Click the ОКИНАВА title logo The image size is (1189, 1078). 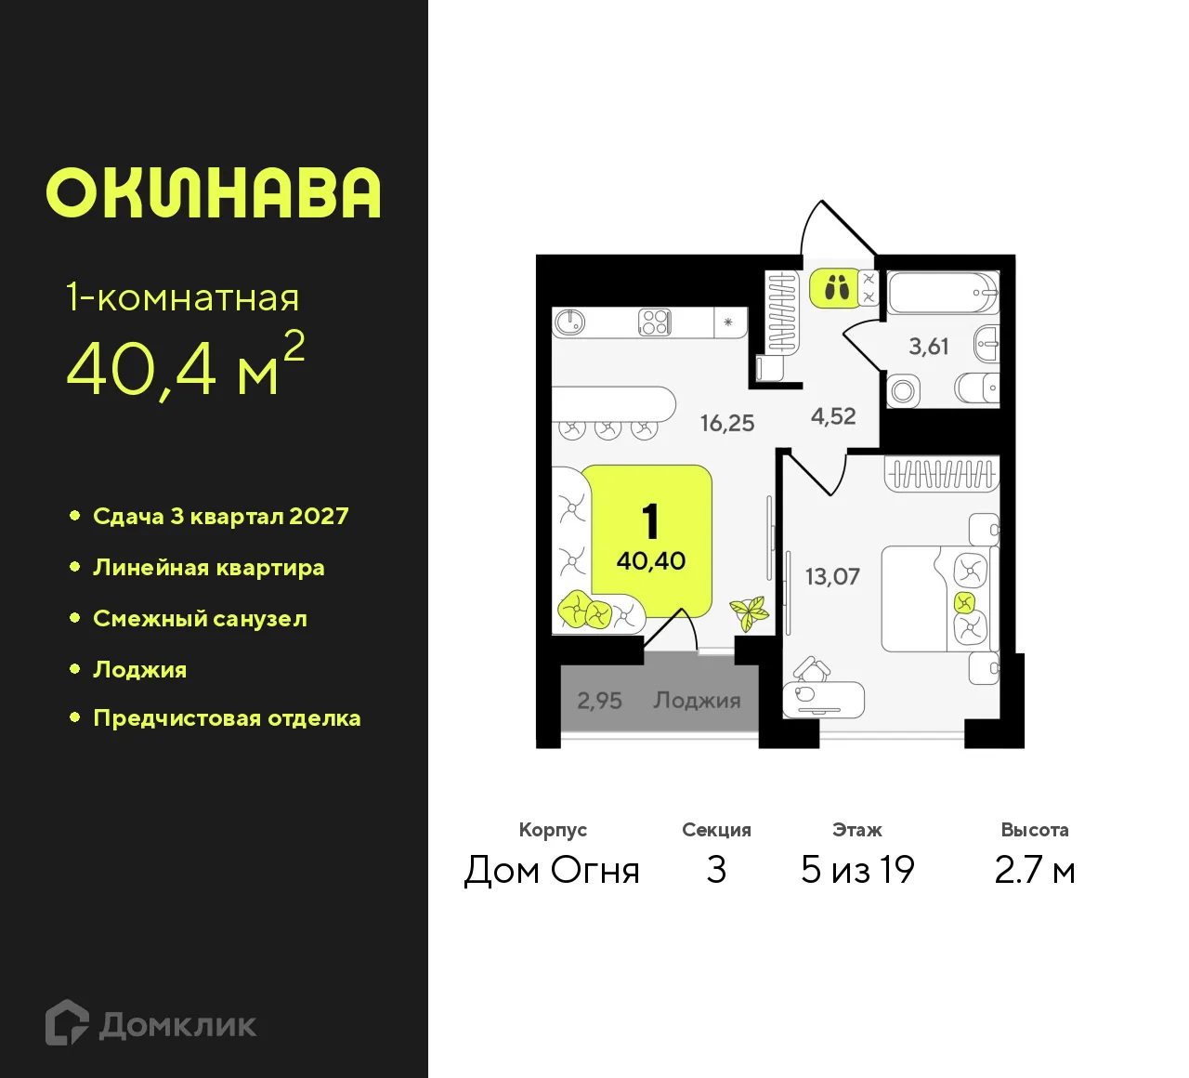pyautogui.click(x=214, y=193)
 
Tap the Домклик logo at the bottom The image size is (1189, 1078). pyautogui.click(x=151, y=1024)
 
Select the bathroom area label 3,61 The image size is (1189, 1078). pyautogui.click(x=928, y=347)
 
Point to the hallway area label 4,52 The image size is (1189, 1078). pyautogui.click(x=833, y=416)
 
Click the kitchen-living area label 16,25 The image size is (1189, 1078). pyautogui.click(x=727, y=423)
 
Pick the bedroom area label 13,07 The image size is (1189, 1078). pyautogui.click(x=832, y=576)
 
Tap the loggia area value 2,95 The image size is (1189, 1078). pyautogui.click(x=599, y=700)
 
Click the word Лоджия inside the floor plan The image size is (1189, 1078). pyautogui.click(x=697, y=700)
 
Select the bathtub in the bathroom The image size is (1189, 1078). pyautogui.click(x=942, y=293)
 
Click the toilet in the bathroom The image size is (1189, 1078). pyautogui.click(x=977, y=388)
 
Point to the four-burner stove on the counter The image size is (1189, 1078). pyautogui.click(x=655, y=322)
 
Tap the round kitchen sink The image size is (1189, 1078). pyautogui.click(x=569, y=322)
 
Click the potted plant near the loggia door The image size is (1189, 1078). pyautogui.click(x=749, y=612)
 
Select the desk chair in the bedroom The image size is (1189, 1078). pyautogui.click(x=811, y=670)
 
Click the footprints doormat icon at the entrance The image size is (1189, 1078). pyautogui.click(x=837, y=288)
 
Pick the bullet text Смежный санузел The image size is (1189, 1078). pyautogui.click(x=200, y=619)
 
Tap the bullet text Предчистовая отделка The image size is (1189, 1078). pyautogui.click(x=227, y=718)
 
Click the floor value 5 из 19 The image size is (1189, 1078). pyautogui.click(x=857, y=870)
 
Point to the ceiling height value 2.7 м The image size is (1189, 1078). pyautogui.click(x=1034, y=870)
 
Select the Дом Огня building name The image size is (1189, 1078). pyautogui.click(x=552, y=870)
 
